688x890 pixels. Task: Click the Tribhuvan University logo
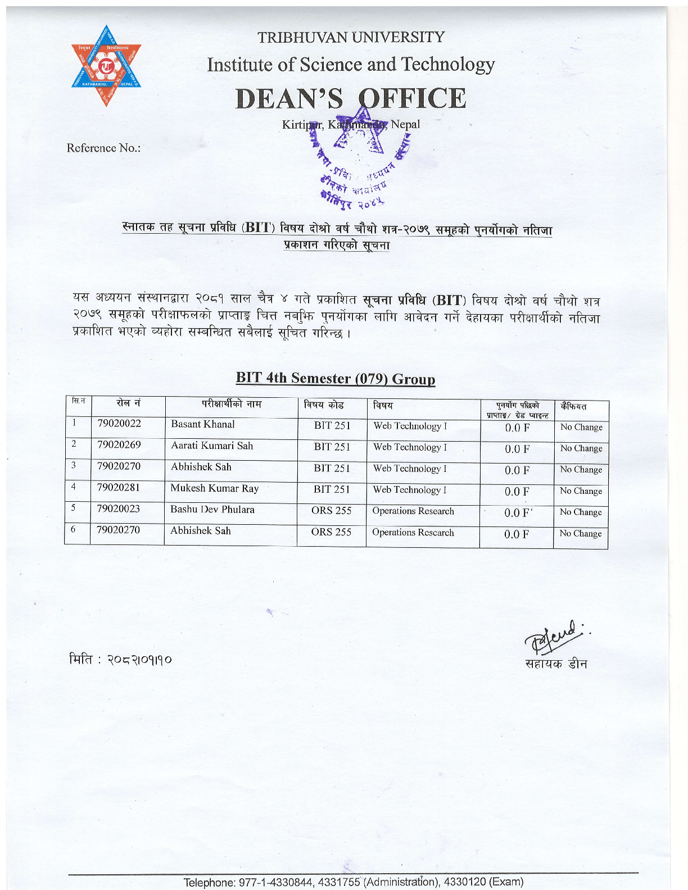pyautogui.click(x=107, y=66)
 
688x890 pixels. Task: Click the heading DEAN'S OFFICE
pyautogui.click(x=351, y=98)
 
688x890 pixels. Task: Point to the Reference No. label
pyautogui.click(x=103, y=148)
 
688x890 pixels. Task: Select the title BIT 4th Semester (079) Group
pyautogui.click(x=335, y=378)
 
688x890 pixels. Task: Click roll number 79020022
pyautogui.click(x=119, y=424)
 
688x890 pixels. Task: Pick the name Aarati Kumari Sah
pyautogui.click(x=212, y=446)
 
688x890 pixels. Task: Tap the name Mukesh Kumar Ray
pyautogui.click(x=214, y=488)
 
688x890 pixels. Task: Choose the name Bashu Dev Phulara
pyautogui.click(x=212, y=510)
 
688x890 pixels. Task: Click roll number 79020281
pyautogui.click(x=119, y=487)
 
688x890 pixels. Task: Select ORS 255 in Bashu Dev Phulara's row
pyautogui.click(x=331, y=511)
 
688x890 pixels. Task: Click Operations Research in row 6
pyautogui.click(x=413, y=532)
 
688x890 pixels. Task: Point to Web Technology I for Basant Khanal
pyautogui.click(x=410, y=426)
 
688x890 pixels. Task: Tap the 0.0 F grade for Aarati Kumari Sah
pyautogui.click(x=517, y=449)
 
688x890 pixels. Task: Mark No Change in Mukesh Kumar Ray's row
pyautogui.click(x=581, y=491)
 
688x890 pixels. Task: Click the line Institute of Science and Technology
pyautogui.click(x=351, y=65)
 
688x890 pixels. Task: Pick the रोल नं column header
pyautogui.click(x=128, y=403)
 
